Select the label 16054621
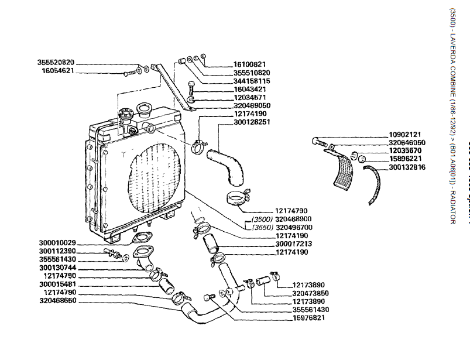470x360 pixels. [x=58, y=70]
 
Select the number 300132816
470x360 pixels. [x=407, y=167]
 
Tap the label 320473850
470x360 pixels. [x=310, y=293]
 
